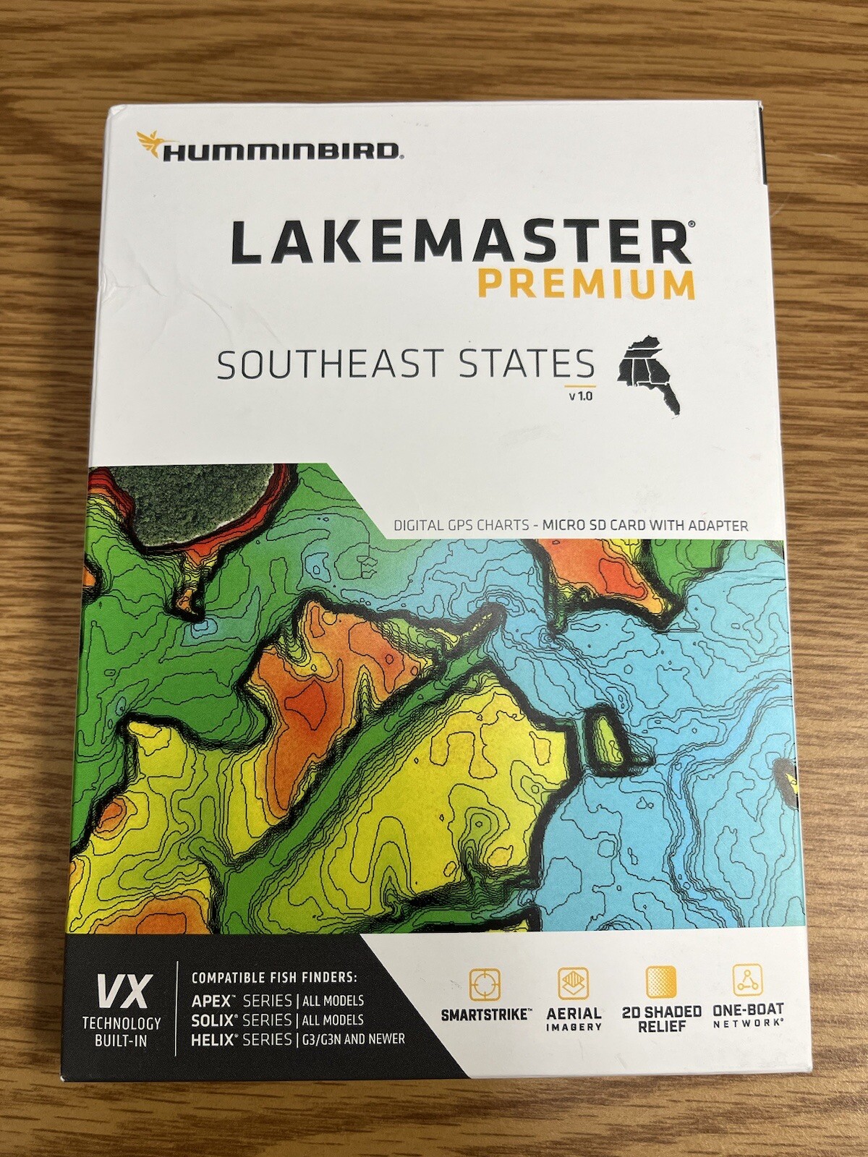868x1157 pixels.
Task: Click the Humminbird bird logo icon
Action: pos(149,143)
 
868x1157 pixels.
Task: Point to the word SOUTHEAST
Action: pos(329,365)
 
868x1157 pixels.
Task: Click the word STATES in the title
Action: pos(518,365)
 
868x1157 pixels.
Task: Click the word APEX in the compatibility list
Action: pos(210,1002)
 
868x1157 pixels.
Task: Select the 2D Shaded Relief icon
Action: pos(660,982)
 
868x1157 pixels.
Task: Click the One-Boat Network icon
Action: pos(746,981)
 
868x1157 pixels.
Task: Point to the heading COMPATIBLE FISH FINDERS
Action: pos(274,978)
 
